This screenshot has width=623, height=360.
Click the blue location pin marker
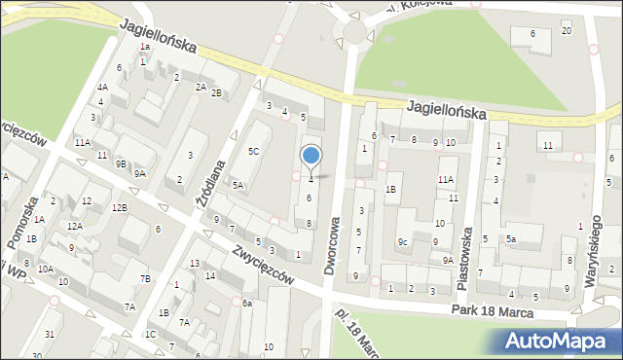tap(311, 157)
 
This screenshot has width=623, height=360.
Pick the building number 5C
tap(253, 151)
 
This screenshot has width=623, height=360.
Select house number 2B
tap(217, 93)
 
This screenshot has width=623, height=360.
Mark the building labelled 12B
tap(119, 207)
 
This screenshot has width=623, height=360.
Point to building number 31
tap(50, 335)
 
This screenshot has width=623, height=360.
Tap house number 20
tap(567, 31)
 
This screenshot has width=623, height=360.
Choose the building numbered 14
tap(210, 276)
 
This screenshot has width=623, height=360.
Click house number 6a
tap(247, 304)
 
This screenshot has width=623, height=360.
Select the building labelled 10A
tap(46, 269)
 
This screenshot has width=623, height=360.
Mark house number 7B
tap(145, 279)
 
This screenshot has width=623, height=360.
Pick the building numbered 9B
tap(121, 163)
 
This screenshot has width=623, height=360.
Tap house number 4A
tap(101, 87)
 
